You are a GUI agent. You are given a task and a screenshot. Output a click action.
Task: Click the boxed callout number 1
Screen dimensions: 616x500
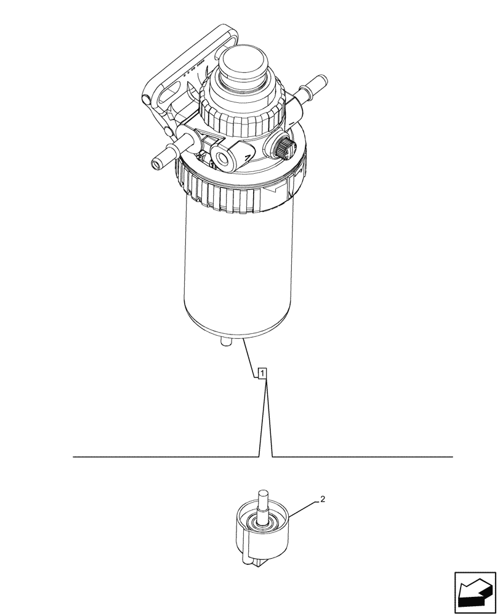pos(262,373)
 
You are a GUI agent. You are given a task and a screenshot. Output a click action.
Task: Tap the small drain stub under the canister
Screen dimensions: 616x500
pos(225,341)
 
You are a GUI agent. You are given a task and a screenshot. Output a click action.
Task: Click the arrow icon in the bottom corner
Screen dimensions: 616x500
pos(474,592)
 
